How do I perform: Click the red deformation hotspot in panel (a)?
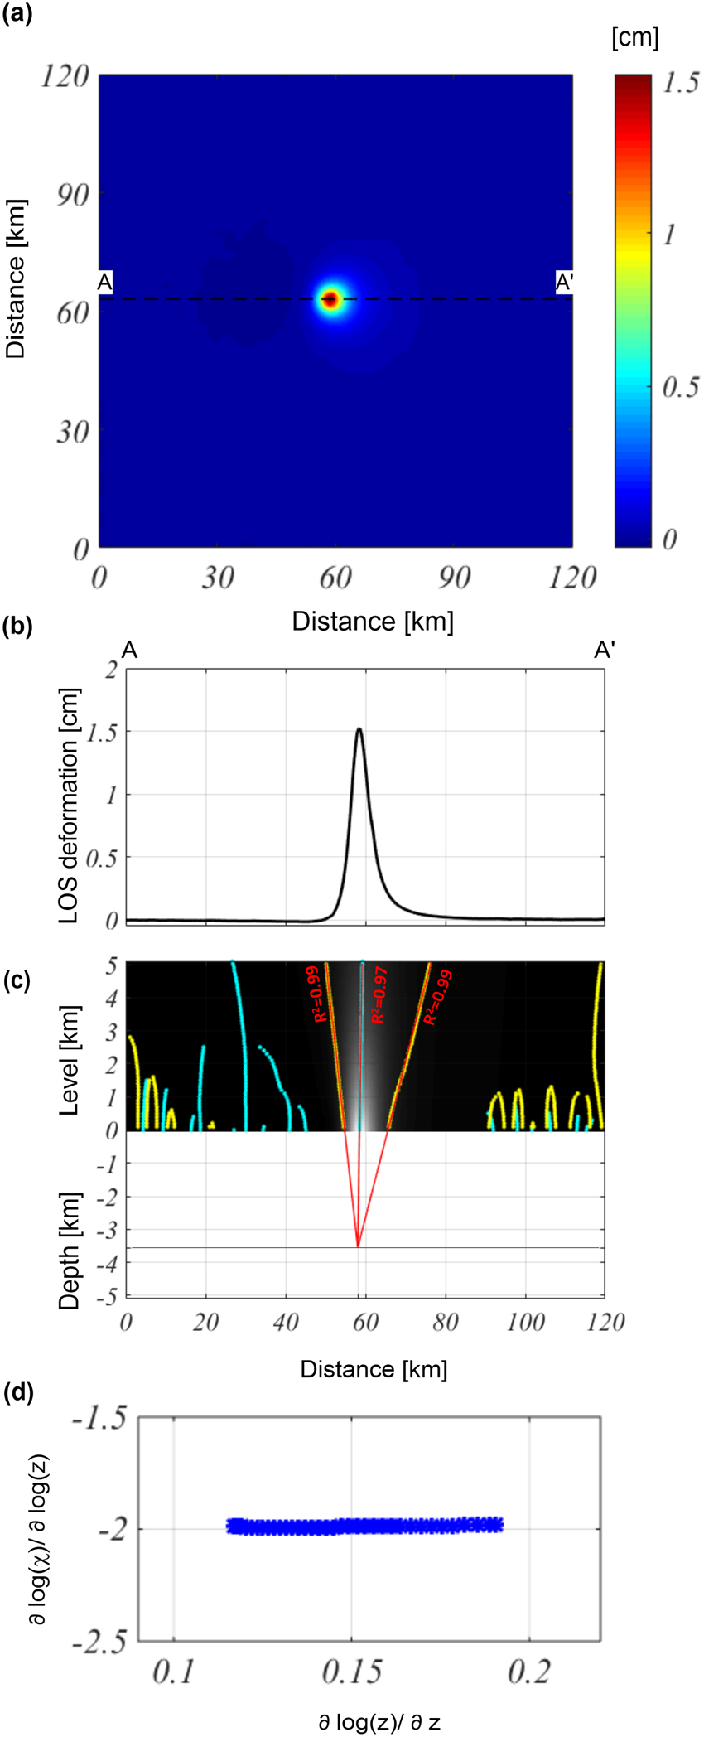pos(330,299)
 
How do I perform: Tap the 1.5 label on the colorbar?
pos(681,84)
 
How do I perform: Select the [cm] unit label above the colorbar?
pos(634,37)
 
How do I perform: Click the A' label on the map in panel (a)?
pos(564,283)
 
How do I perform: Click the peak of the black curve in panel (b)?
pos(359,729)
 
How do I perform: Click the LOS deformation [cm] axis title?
pos(70,806)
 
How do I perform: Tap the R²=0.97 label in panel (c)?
pos(379,994)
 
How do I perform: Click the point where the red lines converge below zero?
pos(358,1246)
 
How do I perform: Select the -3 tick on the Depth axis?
pos(107,1230)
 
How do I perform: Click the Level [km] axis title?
pos(70,1060)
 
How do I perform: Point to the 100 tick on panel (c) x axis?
pos(525,1322)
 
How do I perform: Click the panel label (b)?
pos(17,627)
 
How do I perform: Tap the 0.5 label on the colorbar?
pos(681,388)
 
